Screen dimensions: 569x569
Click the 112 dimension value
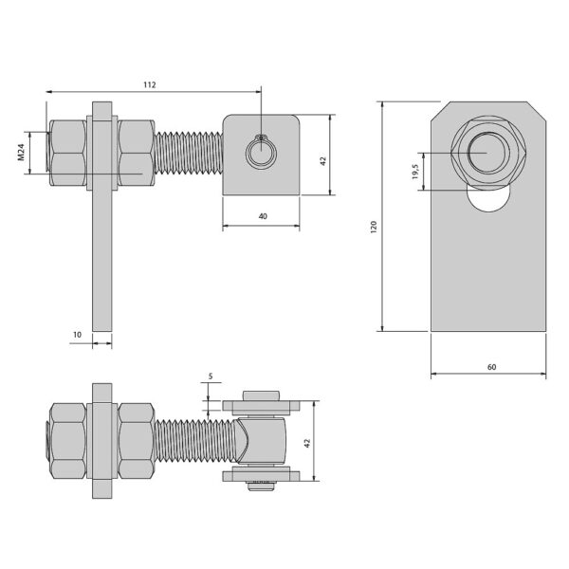(150, 85)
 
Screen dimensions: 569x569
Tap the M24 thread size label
(21, 152)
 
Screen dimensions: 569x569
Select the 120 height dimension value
(374, 227)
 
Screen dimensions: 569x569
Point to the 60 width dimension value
(491, 367)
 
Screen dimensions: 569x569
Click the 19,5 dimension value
(415, 172)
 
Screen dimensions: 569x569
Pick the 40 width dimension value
(263, 216)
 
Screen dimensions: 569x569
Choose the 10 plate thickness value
(78, 335)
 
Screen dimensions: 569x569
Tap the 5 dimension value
(211, 376)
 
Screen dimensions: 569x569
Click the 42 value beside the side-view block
(323, 161)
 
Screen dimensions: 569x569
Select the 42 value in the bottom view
(307, 443)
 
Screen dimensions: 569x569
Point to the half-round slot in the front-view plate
(488, 199)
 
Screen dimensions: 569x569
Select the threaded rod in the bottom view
(196, 440)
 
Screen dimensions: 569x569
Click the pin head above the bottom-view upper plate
(262, 395)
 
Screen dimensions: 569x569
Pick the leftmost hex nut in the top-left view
(68, 153)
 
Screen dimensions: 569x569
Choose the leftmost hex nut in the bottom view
(68, 441)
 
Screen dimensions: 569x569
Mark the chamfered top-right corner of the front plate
(537, 111)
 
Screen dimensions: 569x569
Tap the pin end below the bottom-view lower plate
(262, 486)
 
